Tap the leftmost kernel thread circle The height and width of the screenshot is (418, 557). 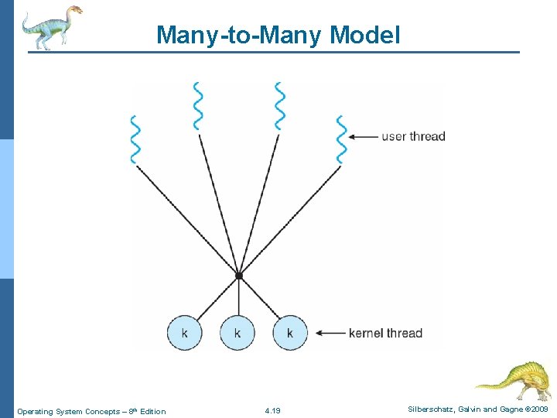(184, 333)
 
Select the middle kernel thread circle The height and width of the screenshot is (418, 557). (237, 333)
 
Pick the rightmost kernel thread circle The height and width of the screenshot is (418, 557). (290, 333)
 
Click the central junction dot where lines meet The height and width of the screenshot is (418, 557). (239, 276)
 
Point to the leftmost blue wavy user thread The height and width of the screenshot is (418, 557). (136, 139)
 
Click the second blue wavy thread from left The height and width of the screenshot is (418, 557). (199, 106)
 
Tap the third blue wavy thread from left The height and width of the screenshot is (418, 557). (279, 106)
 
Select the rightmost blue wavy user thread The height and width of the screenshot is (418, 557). (340, 139)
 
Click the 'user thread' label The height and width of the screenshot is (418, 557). (414, 137)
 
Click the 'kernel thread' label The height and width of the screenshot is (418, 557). (385, 334)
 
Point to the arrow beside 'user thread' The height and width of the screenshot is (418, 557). (362, 137)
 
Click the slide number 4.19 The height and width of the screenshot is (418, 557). (272, 410)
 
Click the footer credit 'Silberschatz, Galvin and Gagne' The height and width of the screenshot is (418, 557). (465, 408)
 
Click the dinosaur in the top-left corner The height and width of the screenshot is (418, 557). (51, 26)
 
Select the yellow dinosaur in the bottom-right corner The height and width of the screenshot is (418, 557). (514, 381)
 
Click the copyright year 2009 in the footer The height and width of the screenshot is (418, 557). (538, 408)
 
